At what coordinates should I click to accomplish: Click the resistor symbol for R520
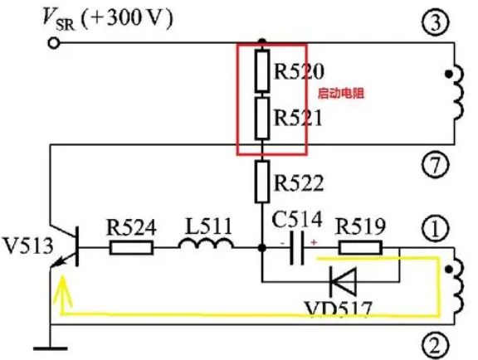[x=262, y=71]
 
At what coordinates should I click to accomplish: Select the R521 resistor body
[x=262, y=119]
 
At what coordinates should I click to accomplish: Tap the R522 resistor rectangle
[x=262, y=182]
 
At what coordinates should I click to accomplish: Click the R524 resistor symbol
[x=131, y=247]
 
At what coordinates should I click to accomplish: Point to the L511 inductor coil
[x=206, y=243]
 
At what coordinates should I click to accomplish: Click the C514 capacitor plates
[x=296, y=248]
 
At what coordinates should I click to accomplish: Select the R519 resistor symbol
[x=360, y=247]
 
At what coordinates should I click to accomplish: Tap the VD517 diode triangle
[x=344, y=282]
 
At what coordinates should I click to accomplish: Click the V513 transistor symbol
[x=65, y=247]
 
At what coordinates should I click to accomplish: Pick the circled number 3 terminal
[x=436, y=22]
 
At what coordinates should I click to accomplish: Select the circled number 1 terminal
[x=436, y=229]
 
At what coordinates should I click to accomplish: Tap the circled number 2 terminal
[x=436, y=345]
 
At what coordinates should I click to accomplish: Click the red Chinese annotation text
[x=341, y=93]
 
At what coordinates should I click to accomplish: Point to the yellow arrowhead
[x=63, y=289]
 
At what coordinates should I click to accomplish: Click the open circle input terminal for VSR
[x=54, y=43]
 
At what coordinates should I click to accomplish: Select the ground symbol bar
[x=51, y=348]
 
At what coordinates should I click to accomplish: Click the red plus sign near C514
[x=314, y=242]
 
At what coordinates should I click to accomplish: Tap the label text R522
[x=299, y=182]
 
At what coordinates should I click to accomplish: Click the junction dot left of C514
[x=262, y=248]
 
